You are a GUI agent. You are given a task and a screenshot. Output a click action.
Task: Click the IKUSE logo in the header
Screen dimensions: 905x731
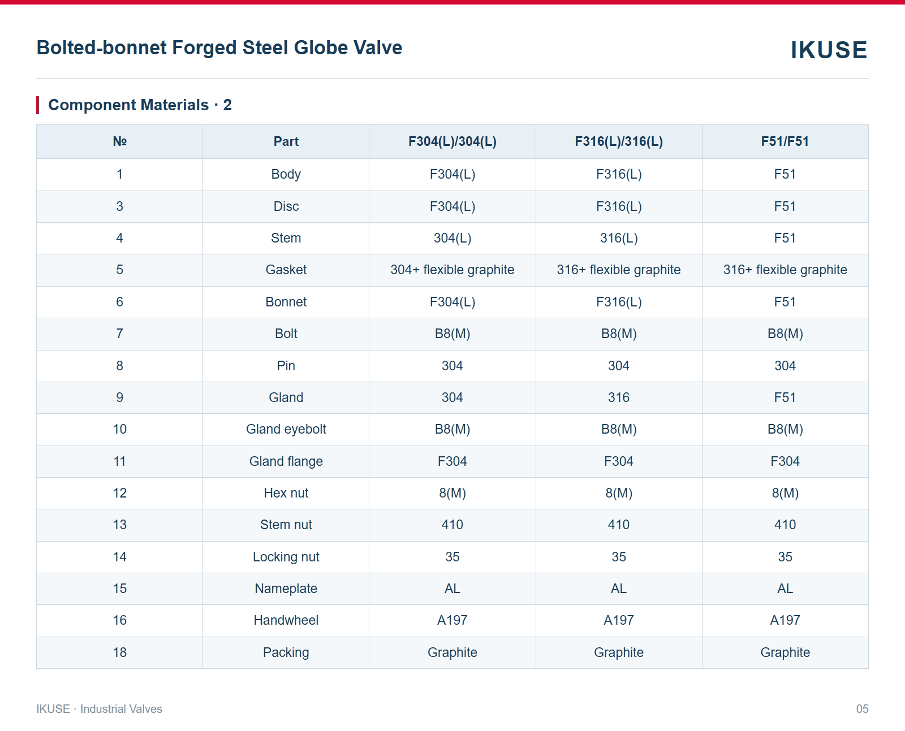(829, 50)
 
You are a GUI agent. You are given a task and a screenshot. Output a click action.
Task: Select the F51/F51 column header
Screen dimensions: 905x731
(785, 141)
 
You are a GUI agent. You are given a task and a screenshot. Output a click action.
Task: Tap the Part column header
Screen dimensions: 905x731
(286, 141)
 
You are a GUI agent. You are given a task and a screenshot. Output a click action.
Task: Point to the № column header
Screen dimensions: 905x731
(119, 141)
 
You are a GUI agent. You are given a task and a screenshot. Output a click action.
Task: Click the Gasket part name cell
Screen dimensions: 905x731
(286, 269)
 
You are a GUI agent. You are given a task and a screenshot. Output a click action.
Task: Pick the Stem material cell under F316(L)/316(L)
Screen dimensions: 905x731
(619, 238)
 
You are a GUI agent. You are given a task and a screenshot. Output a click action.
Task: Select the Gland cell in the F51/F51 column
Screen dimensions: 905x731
(785, 397)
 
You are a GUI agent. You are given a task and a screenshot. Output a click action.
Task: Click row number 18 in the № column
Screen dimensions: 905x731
(119, 652)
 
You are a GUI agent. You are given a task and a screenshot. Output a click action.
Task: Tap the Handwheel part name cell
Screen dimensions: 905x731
(286, 620)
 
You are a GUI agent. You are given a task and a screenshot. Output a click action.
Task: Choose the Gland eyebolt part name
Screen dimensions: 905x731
(286, 429)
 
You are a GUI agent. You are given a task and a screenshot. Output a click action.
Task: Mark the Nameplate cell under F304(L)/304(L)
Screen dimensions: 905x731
(452, 589)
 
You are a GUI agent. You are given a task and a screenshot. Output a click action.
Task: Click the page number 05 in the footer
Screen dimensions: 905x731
(862, 708)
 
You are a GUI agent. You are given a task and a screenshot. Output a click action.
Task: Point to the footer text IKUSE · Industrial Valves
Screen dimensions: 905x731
(99, 708)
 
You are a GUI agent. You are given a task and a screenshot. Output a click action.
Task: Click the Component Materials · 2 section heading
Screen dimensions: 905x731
(140, 105)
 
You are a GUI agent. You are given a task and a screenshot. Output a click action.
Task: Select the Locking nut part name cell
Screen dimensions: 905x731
(286, 556)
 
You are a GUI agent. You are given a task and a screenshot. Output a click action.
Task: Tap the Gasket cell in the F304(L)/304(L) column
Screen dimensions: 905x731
(452, 269)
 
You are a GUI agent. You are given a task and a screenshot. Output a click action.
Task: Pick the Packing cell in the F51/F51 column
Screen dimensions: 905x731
(785, 652)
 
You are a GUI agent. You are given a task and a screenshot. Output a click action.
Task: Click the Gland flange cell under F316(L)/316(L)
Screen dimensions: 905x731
(619, 461)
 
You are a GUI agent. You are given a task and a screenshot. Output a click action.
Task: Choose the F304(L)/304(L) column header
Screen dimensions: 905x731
(452, 141)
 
